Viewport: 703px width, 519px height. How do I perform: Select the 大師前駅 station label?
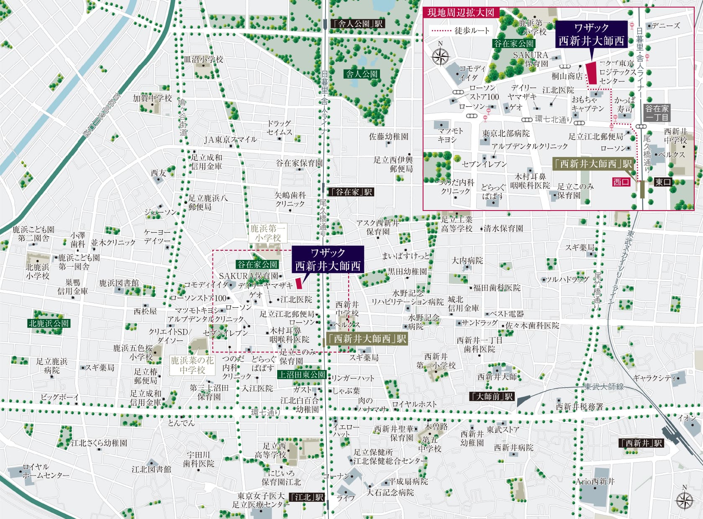point(492,396)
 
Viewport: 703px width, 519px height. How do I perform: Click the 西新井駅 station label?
point(641,443)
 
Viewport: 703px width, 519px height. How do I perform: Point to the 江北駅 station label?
point(308,497)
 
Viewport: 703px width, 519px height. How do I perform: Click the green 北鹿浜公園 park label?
point(49,323)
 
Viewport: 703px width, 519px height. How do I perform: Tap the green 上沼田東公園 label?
point(302,375)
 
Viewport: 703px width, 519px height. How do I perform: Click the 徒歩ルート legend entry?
point(460,31)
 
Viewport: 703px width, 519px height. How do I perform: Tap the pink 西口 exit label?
point(621,182)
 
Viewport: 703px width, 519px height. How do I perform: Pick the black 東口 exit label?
point(663,182)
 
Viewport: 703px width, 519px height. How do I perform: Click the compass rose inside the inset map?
point(440,56)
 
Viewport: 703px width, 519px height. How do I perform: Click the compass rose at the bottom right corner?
point(685,500)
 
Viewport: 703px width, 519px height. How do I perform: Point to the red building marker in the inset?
point(591,73)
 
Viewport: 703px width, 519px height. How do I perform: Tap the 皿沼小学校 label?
point(204,59)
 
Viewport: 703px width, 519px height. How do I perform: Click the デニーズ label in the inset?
point(665,26)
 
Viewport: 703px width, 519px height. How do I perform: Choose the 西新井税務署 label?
point(580,406)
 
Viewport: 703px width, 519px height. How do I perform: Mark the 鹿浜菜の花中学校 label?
point(192,365)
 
